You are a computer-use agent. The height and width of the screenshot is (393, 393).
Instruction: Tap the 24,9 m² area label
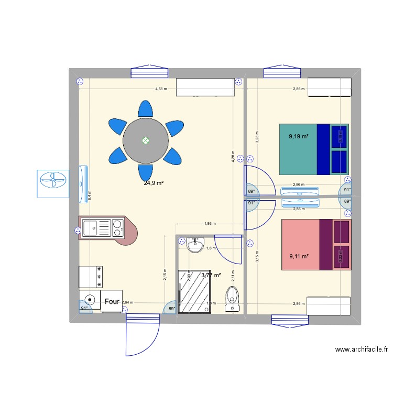[154, 183]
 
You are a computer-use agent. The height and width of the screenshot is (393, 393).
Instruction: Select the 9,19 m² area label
[299, 136]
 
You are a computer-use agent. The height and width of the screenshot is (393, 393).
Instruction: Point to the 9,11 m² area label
[299, 256]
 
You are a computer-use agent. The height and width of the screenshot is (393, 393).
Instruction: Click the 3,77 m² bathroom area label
[211, 275]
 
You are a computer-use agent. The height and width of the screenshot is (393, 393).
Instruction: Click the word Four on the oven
[112, 302]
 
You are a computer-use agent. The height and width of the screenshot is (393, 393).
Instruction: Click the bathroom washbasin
[195, 245]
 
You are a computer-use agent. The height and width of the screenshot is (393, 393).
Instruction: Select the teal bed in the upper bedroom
[313, 149]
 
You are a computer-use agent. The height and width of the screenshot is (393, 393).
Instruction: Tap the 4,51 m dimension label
[161, 89]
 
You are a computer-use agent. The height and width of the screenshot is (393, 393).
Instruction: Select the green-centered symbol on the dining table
[146, 140]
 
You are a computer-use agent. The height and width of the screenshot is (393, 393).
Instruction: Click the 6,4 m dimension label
[90, 195]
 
